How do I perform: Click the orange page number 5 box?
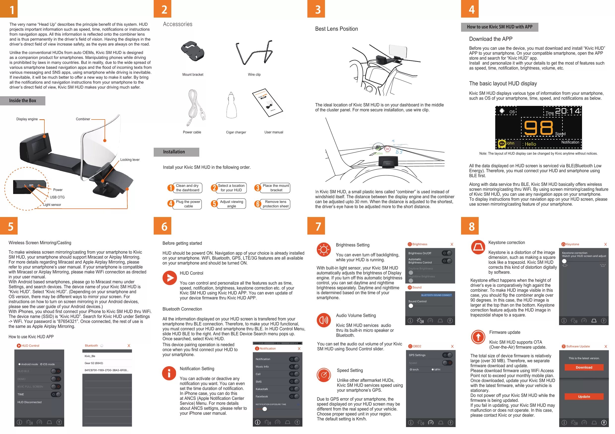point(9,226)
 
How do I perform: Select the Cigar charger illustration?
point(232,106)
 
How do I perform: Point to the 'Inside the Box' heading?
point(23,101)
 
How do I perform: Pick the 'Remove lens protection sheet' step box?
point(275,204)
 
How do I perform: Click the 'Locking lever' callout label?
point(130,160)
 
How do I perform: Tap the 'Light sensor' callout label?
point(52,205)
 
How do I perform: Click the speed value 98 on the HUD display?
point(538,128)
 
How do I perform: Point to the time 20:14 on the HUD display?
point(567,111)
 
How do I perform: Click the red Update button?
point(584,397)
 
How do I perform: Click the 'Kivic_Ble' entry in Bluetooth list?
point(90,356)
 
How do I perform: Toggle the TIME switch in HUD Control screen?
point(56,394)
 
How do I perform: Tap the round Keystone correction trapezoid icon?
point(478,247)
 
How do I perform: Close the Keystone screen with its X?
point(605,244)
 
